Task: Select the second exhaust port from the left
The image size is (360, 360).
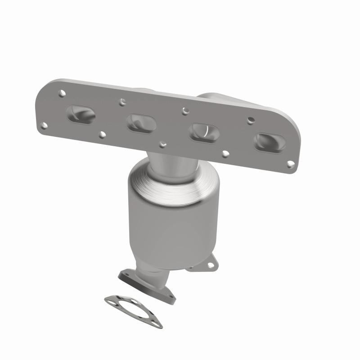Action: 141,122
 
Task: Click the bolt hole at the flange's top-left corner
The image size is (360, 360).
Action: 62,93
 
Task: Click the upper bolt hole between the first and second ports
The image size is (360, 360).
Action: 121,102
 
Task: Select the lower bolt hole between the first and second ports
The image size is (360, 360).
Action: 103,134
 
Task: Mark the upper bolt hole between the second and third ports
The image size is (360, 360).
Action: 184,110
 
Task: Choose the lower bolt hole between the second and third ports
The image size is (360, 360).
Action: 163,144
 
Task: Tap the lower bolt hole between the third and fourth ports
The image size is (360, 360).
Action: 225,154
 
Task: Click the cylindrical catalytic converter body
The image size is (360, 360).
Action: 166,225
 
